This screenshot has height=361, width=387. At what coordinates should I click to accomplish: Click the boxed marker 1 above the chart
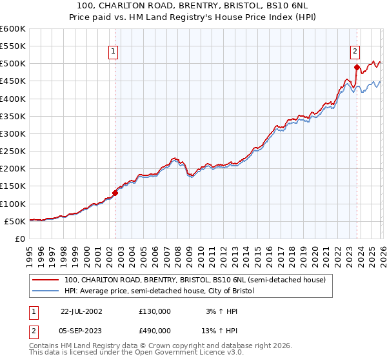114,53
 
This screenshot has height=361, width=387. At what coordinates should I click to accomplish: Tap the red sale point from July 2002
115,192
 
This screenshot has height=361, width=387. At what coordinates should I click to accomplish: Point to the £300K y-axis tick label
13,133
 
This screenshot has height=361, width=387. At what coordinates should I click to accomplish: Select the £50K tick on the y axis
15,221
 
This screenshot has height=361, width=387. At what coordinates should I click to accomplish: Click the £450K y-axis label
13,81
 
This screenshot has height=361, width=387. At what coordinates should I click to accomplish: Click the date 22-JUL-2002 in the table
81,311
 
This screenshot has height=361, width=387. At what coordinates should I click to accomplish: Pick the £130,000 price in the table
155,311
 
